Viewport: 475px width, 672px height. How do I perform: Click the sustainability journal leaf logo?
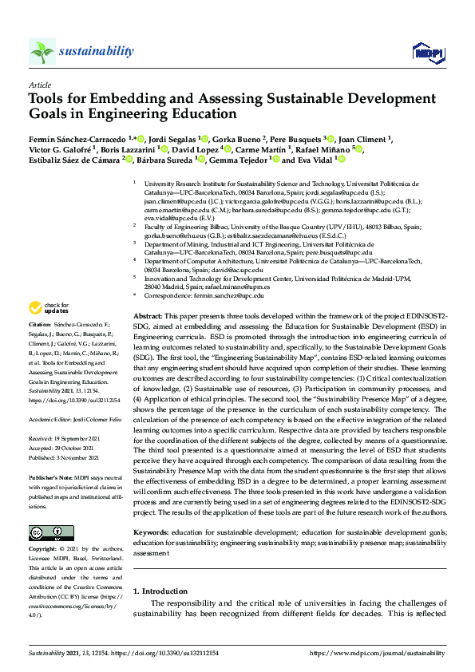(x=42, y=51)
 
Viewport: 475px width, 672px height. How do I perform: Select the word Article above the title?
(x=40, y=85)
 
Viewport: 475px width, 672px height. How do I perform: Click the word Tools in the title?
(x=50, y=101)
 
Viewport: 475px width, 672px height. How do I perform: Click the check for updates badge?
(x=49, y=308)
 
